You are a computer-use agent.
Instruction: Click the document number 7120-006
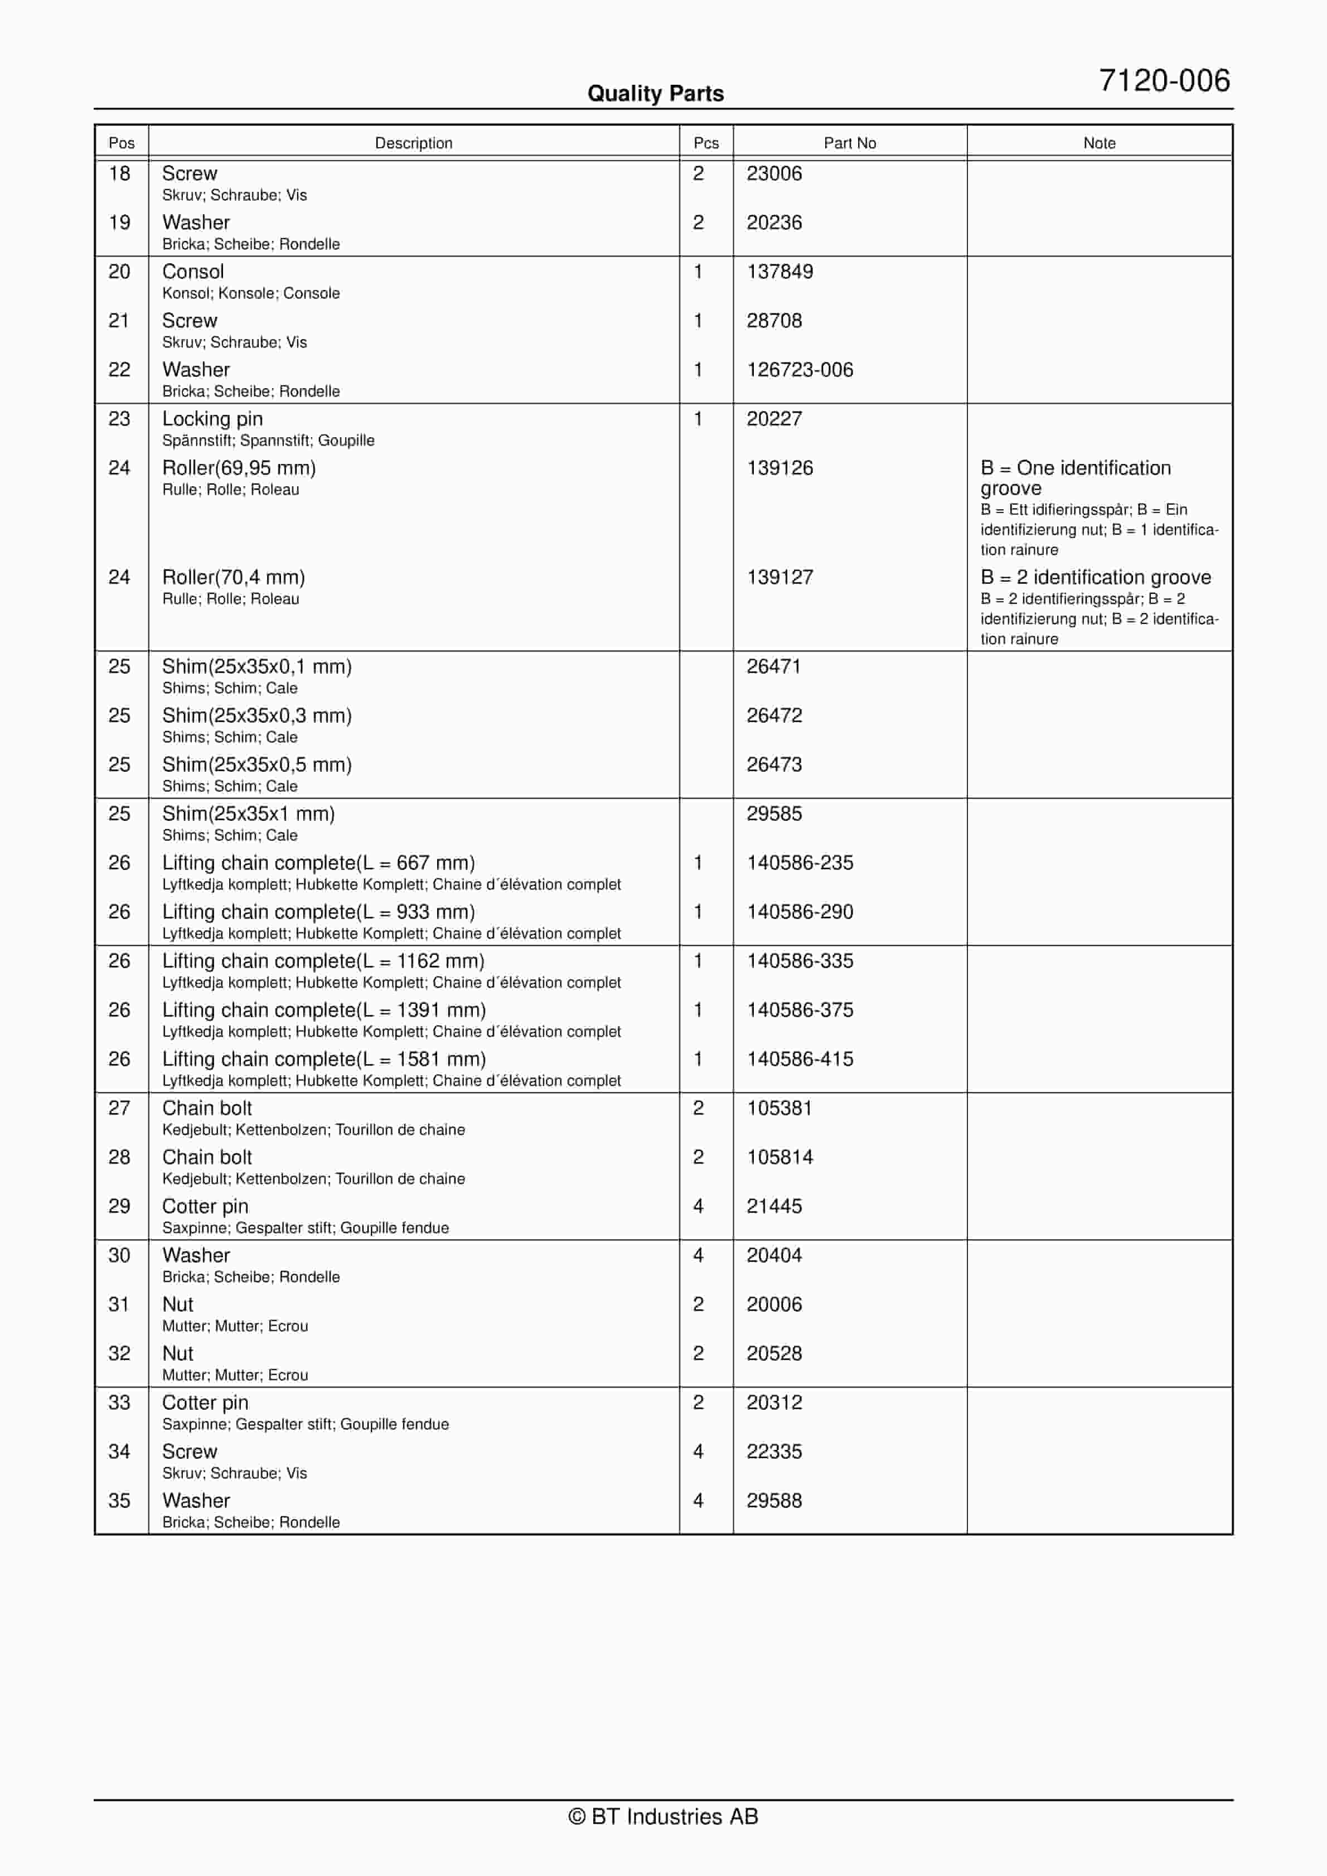(x=1164, y=81)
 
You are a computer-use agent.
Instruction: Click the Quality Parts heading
(x=655, y=93)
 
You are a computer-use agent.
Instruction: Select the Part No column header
(x=849, y=143)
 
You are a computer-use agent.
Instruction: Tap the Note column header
(x=1099, y=143)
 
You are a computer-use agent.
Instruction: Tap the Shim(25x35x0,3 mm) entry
(x=256, y=715)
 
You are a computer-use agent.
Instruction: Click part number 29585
(x=774, y=813)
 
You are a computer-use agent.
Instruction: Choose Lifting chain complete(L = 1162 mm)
(x=323, y=960)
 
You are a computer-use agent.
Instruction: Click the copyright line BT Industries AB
(x=663, y=1816)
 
